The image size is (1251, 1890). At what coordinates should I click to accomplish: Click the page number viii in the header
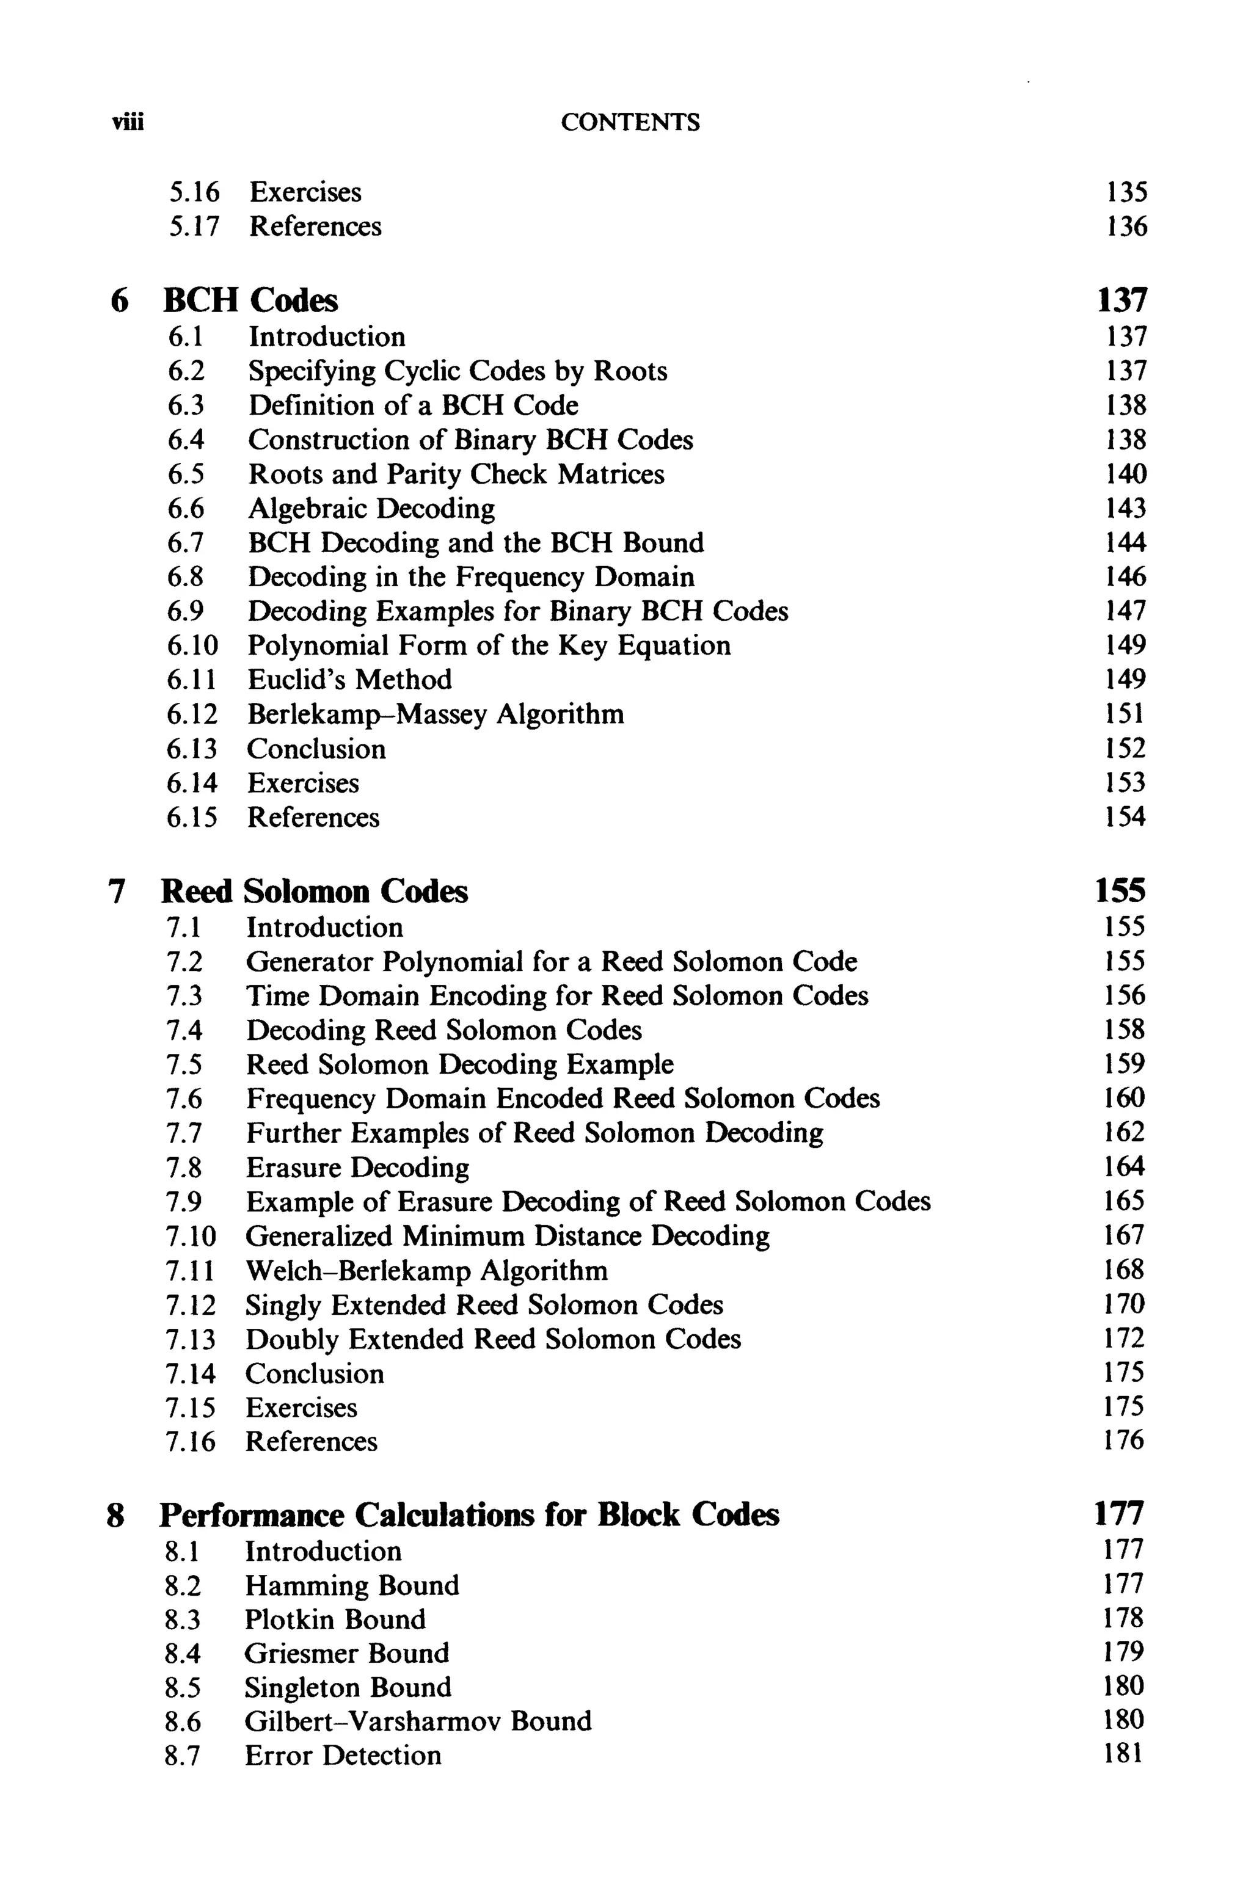(x=128, y=123)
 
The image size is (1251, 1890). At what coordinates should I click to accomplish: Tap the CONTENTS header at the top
(x=630, y=122)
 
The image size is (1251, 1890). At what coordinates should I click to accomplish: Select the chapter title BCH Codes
(x=250, y=300)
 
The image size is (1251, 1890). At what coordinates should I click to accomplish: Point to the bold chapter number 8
(x=115, y=1515)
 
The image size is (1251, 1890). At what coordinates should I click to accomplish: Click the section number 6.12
(x=191, y=714)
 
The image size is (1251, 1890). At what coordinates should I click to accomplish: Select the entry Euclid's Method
(x=349, y=680)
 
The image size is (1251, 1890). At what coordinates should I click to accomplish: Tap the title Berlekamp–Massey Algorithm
(x=436, y=714)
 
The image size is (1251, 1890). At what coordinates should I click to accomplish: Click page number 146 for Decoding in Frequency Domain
(x=1125, y=576)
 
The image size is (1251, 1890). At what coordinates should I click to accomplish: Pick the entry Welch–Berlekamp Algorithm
(x=426, y=1270)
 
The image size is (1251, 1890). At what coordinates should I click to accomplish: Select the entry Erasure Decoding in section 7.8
(x=357, y=1168)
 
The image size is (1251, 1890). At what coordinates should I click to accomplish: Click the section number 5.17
(x=193, y=227)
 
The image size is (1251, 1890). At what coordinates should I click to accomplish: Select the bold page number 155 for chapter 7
(x=1120, y=891)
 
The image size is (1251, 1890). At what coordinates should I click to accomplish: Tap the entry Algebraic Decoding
(x=371, y=509)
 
